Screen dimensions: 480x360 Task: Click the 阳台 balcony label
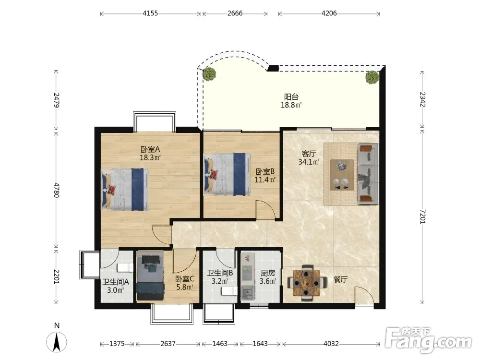tap(291, 97)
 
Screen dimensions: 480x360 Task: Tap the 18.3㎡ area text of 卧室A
tap(150, 157)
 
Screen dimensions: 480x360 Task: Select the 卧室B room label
tap(265, 172)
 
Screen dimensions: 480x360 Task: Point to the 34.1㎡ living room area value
tap(309, 162)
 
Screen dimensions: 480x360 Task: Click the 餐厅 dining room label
tap(340, 279)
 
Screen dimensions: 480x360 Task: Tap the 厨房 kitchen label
tap(268, 273)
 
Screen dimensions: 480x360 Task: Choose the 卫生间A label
tap(115, 282)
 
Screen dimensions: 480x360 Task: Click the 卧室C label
tap(185, 279)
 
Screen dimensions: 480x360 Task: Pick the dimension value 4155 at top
tap(150, 13)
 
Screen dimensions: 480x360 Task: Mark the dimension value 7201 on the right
tap(422, 216)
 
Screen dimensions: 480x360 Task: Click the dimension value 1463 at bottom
tap(220, 344)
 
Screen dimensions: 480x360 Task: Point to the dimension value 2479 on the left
tap(56, 100)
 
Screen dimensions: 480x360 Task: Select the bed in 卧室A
tap(125, 190)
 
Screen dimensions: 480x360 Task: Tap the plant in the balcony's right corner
tap(372, 77)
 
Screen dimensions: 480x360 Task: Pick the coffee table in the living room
tap(342, 175)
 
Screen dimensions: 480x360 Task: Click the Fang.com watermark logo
tap(429, 340)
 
